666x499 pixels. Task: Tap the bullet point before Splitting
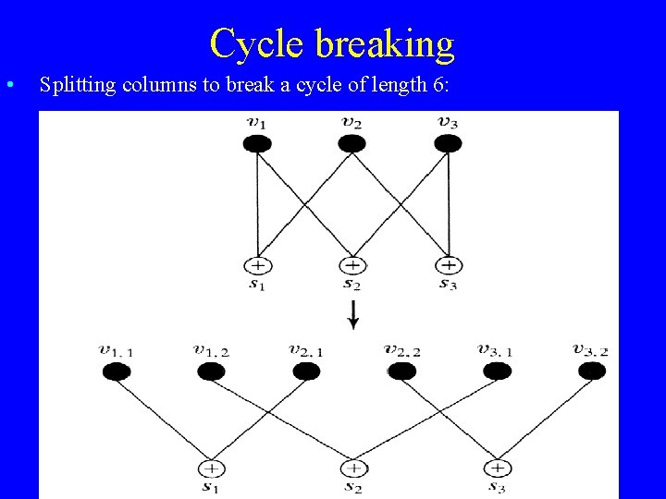coord(9,85)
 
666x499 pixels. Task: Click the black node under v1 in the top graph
coord(257,143)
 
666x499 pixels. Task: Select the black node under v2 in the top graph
coord(351,143)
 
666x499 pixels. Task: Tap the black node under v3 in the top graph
coord(448,143)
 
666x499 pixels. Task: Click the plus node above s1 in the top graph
coord(257,265)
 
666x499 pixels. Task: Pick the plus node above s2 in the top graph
coord(351,265)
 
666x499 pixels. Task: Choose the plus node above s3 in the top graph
coord(448,265)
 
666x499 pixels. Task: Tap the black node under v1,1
coord(116,371)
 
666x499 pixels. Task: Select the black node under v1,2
coord(211,371)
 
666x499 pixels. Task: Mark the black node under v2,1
coord(306,371)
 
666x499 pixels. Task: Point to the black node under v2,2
coord(401,371)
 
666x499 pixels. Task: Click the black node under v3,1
coord(497,371)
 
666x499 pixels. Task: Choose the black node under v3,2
coord(591,371)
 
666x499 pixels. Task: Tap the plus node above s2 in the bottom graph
coord(353,469)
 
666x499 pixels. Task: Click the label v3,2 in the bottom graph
coord(590,350)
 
